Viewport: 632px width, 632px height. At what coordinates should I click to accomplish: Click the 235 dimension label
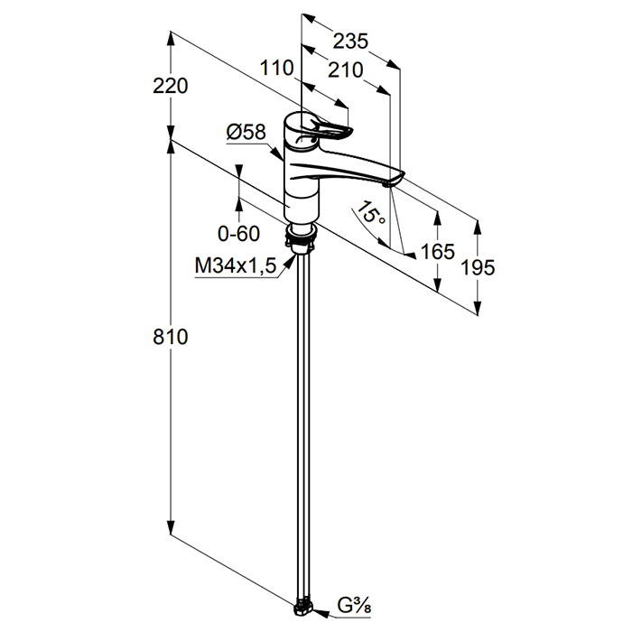click(x=350, y=42)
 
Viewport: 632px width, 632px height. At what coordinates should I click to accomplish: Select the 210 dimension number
click(x=346, y=70)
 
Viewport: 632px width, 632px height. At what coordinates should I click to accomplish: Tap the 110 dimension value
click(x=276, y=68)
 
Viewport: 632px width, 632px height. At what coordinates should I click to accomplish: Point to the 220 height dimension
click(x=170, y=86)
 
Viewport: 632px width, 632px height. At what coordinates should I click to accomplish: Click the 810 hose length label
click(x=170, y=337)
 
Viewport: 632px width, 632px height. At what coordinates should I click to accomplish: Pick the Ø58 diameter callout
click(x=246, y=132)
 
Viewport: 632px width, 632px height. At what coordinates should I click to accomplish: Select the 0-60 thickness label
click(x=238, y=233)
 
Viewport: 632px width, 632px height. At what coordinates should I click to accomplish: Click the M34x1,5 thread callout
click(x=236, y=265)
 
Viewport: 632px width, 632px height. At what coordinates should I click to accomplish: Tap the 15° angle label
click(x=371, y=212)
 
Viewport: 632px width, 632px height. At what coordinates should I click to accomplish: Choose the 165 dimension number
click(x=437, y=252)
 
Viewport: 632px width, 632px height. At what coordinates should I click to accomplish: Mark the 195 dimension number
click(x=478, y=267)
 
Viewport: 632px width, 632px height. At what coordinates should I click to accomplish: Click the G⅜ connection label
click(x=354, y=606)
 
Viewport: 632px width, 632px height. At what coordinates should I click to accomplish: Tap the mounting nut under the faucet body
click(x=301, y=237)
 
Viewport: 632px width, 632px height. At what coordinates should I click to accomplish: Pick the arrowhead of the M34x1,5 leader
click(x=290, y=264)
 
